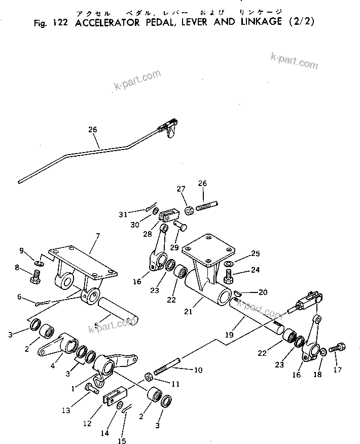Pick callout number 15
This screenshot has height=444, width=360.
tap(122, 441)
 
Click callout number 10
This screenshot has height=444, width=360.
tap(197, 370)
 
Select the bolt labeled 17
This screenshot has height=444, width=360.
tap(338, 349)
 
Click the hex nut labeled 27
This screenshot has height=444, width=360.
tap(188, 209)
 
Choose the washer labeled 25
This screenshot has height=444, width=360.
tap(228, 264)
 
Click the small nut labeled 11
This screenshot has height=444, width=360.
tap(149, 377)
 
